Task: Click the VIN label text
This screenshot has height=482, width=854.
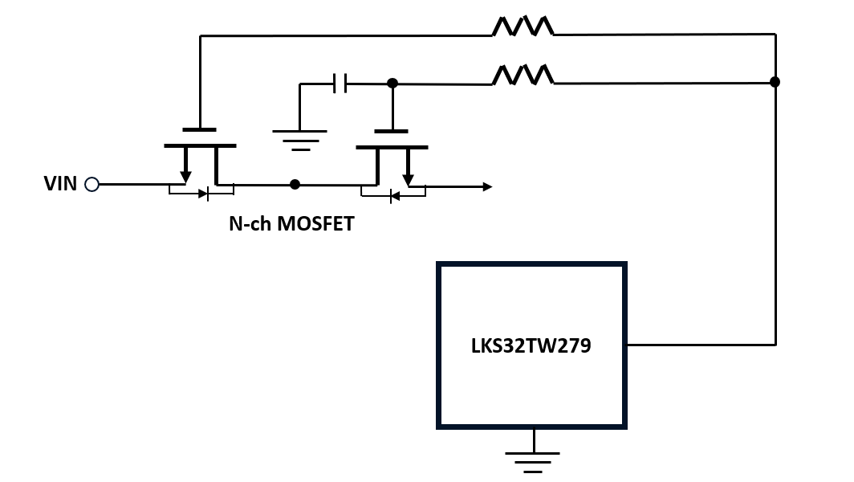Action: click(x=60, y=184)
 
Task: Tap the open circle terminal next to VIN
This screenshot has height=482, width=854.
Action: click(x=91, y=185)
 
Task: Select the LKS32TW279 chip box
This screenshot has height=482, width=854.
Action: click(x=531, y=345)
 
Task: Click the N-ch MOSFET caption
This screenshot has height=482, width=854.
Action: click(x=291, y=224)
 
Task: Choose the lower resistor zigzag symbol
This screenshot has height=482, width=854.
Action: click(x=523, y=76)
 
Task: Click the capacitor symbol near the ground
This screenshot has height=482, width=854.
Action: click(x=340, y=83)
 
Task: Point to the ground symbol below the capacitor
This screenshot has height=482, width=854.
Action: click(x=299, y=137)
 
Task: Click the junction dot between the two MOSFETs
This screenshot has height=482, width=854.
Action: click(x=295, y=184)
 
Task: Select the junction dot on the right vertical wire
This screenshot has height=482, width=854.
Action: click(x=775, y=82)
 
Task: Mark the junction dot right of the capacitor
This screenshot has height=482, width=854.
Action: click(x=392, y=83)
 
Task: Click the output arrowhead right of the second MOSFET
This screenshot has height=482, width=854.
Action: click(x=486, y=187)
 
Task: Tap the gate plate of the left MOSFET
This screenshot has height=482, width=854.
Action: click(x=199, y=129)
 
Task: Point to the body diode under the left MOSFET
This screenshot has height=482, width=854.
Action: click(x=201, y=193)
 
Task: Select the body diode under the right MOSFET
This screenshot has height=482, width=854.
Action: click(x=393, y=195)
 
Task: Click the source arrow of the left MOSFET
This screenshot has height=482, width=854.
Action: click(x=185, y=174)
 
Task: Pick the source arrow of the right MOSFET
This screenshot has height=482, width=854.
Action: click(x=408, y=176)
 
